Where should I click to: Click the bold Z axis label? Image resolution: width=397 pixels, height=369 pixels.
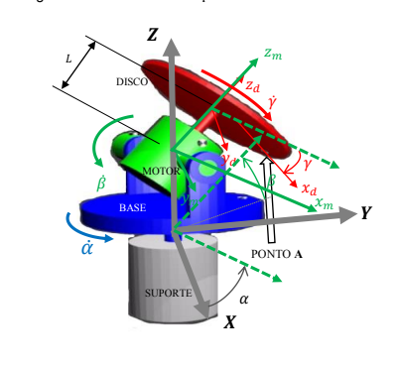pos(152,35)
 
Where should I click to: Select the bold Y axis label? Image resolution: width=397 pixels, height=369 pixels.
pos(367,213)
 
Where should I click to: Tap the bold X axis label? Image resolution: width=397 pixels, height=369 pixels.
pos(230,321)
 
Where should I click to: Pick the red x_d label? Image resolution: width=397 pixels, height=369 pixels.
pos(309,186)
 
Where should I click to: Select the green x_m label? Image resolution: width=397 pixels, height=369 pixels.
pos(324,201)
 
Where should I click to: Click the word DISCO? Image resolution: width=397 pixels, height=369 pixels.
pos(130,81)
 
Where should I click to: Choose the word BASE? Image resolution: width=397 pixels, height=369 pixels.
pos(132,208)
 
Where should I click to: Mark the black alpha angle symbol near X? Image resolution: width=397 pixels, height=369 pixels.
pos(244,298)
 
